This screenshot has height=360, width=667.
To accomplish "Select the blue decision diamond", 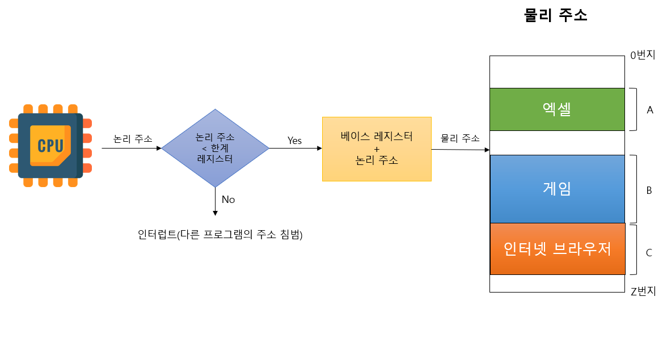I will [215, 149].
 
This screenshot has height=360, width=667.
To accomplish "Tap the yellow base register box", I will [377, 149].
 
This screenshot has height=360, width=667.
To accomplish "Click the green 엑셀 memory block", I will [556, 109].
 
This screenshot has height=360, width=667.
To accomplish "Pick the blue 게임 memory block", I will [556, 188].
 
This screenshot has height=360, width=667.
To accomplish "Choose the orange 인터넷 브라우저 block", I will [556, 248].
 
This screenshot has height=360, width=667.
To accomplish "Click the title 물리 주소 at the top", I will [555, 15].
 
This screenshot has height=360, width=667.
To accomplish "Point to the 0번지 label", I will [643, 56].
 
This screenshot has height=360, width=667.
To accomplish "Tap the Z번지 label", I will [643, 291].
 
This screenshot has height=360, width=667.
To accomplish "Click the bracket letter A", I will [650, 110].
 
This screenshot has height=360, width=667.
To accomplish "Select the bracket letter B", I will [649, 190].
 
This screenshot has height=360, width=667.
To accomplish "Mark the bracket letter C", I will [649, 253].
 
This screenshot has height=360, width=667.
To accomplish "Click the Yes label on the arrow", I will [294, 141].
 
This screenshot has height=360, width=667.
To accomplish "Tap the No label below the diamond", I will [228, 200].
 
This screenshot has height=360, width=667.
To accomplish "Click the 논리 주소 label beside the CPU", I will [133, 139].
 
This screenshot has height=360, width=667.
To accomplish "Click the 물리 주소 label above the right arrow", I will [460, 138].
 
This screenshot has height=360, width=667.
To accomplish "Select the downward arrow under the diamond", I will [216, 201].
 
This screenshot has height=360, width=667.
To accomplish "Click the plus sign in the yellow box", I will [377, 149].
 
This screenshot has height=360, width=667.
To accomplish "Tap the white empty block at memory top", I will [556, 71].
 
